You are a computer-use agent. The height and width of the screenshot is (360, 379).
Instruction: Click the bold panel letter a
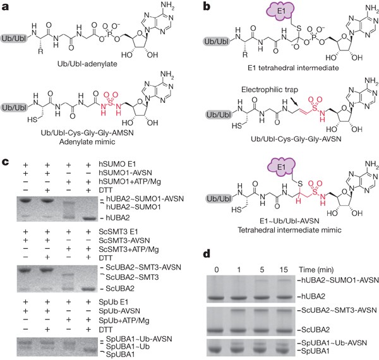(x=5, y=6)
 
